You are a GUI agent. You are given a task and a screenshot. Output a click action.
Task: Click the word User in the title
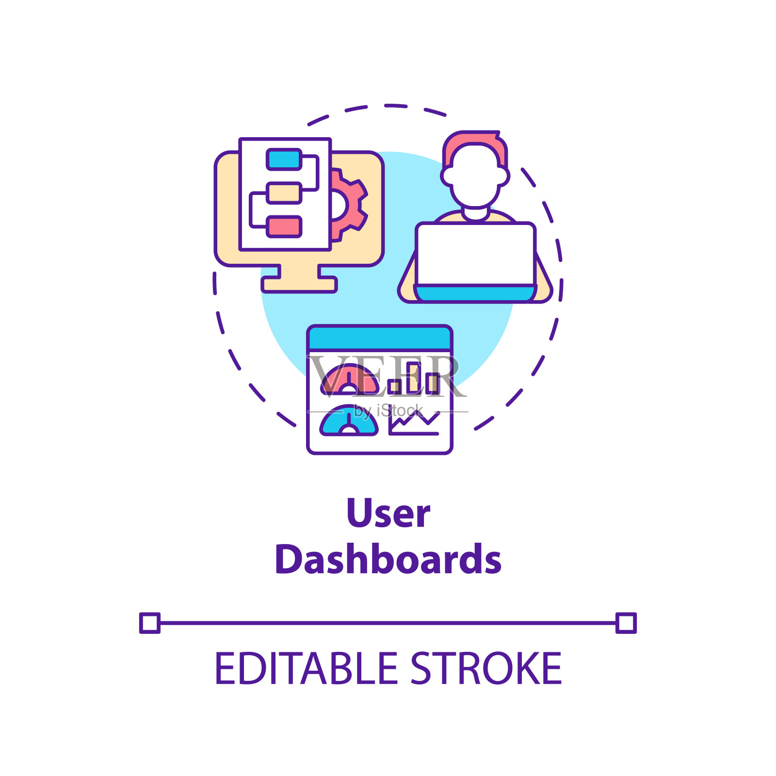pos(388,513)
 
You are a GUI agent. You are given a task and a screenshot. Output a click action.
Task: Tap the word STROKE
pos(486,669)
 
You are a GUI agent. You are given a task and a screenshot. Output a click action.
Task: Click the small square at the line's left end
pos(150,623)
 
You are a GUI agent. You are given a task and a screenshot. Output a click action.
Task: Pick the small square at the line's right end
pos(626,623)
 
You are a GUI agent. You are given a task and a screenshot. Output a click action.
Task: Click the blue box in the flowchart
pos(284,160)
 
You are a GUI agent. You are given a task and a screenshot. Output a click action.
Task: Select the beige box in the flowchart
pos(284,193)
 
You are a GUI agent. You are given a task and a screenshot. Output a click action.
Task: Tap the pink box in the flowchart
pos(284,226)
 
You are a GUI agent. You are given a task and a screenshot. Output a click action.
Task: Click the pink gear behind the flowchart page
pos(352,204)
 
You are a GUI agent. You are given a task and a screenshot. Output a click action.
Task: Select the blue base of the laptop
pos(475,293)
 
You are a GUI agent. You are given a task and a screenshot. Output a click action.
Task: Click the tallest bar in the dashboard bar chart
pos(413,377)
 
